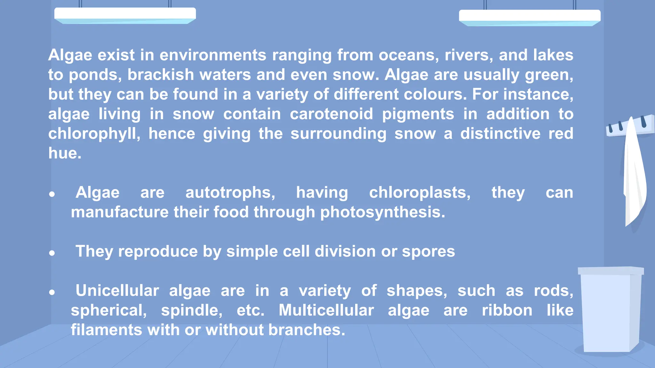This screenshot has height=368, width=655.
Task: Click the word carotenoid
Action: click(331, 114)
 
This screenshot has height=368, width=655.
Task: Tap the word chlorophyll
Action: click(94, 134)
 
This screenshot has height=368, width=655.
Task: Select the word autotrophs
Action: click(230, 193)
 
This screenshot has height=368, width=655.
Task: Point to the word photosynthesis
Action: click(383, 212)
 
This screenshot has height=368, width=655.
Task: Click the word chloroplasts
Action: click(420, 193)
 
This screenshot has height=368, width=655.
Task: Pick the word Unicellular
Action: click(117, 291)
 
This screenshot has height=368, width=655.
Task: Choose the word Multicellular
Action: click(326, 310)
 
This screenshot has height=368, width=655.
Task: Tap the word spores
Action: click(428, 251)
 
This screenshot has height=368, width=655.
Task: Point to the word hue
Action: click(65, 153)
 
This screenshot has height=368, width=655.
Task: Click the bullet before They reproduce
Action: click(52, 253)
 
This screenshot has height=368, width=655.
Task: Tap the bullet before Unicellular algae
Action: click(52, 292)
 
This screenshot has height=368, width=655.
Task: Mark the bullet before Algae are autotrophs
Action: click(52, 194)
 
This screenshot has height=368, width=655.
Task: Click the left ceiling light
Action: click(125, 15)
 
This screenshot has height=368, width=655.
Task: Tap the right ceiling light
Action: click(530, 17)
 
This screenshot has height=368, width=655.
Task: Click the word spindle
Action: click(192, 310)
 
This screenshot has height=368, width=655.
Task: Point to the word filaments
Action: click(107, 330)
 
